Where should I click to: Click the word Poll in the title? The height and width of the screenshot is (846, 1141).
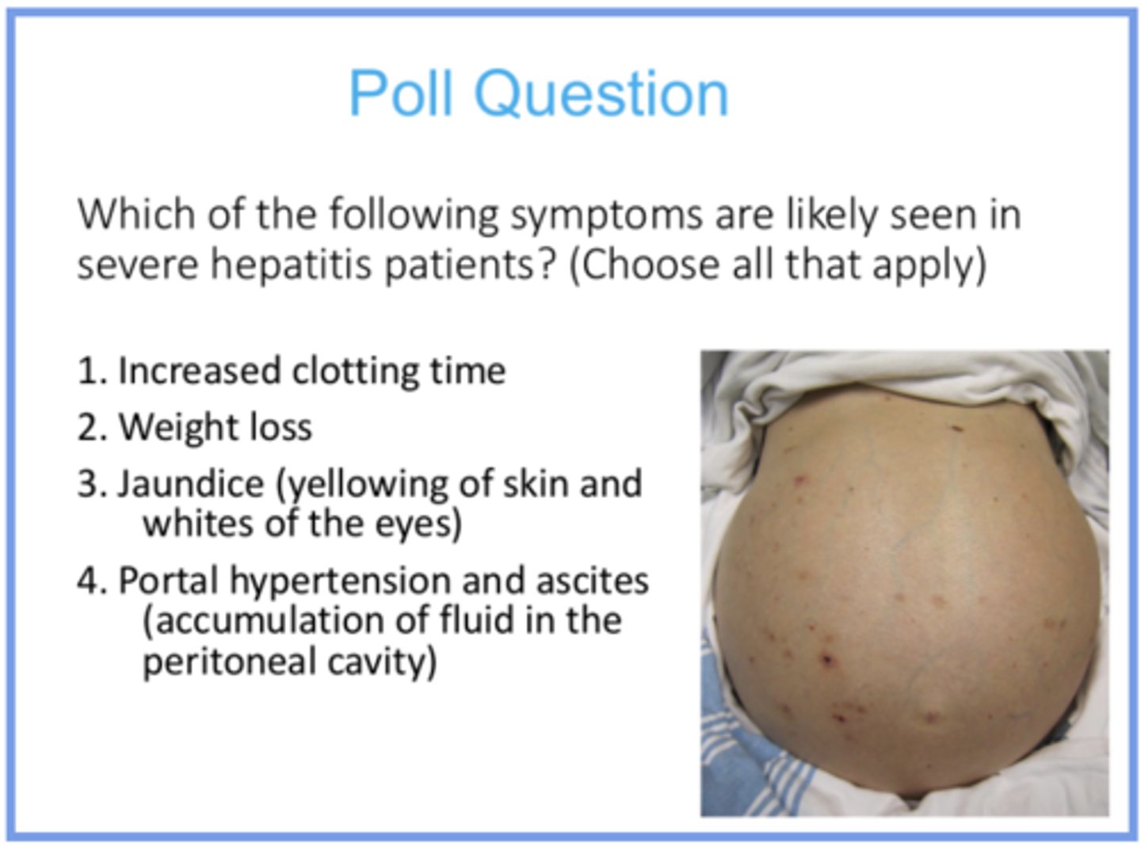[403, 93]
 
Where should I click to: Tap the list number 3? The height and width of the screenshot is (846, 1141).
[90, 484]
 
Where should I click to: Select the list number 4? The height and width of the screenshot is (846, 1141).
[90, 581]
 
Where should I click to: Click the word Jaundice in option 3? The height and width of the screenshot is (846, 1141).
[190, 484]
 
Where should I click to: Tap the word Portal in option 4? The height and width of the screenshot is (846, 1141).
[168, 581]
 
